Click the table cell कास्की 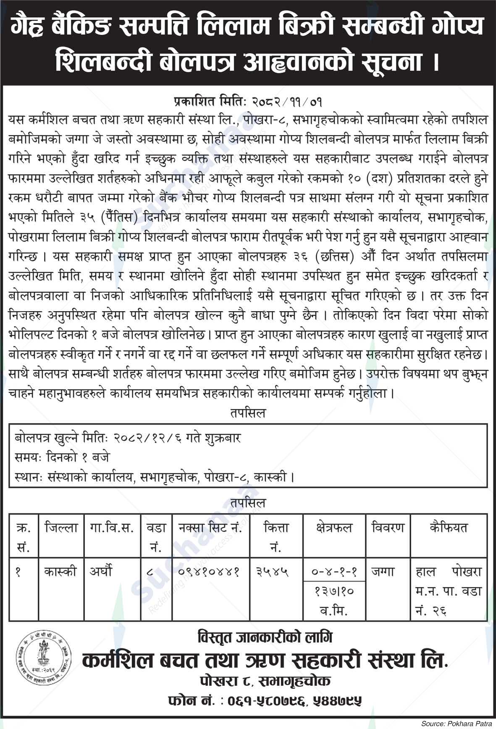pyautogui.click(x=61, y=572)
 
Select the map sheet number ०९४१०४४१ pyautogui.click(x=209, y=572)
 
